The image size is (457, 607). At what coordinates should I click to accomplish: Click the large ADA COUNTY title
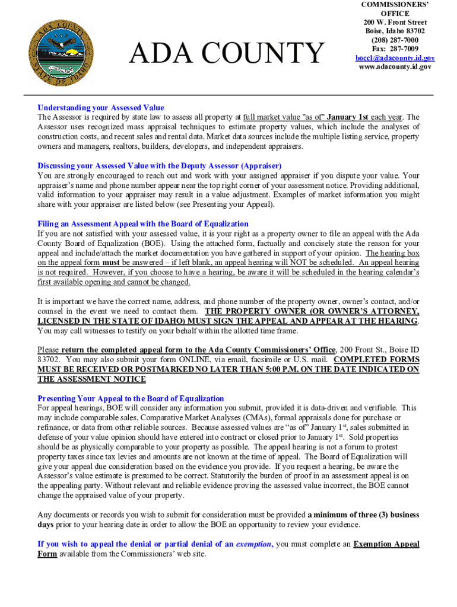pos(228,54)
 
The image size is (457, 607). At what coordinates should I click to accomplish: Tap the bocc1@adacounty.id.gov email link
pos(395,58)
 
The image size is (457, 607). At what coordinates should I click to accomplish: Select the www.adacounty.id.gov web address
pos(395,67)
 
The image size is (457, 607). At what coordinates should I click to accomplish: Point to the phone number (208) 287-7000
pos(395,40)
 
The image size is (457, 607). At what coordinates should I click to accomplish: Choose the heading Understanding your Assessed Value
pos(101,108)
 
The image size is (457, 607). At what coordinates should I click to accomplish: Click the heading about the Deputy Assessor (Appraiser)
pos(160,165)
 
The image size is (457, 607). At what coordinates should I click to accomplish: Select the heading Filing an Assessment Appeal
pos(143,223)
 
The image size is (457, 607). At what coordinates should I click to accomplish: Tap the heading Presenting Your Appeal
pos(131,398)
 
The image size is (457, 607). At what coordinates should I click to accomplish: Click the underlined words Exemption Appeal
pos(386,544)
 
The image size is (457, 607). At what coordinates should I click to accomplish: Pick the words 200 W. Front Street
pos(395,22)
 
